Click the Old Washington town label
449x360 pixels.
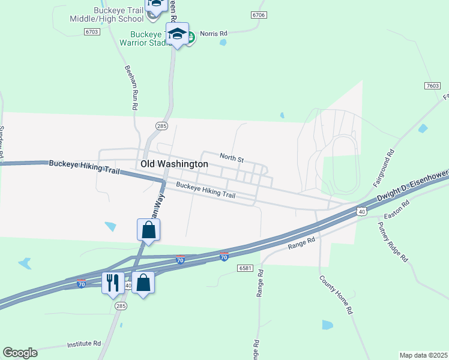click(x=174, y=164)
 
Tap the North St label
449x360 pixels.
click(x=231, y=158)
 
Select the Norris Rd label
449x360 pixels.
click(x=214, y=34)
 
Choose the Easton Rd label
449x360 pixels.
click(x=397, y=210)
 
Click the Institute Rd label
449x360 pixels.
click(x=84, y=344)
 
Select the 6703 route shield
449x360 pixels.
click(x=92, y=31)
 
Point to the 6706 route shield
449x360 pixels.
click(x=259, y=14)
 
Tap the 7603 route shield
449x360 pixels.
click(x=432, y=86)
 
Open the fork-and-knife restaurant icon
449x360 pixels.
click(x=112, y=281)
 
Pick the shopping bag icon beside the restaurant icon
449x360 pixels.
click(x=143, y=281)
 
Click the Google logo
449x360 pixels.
click(x=20, y=353)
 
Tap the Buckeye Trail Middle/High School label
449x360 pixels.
click(x=119, y=14)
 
